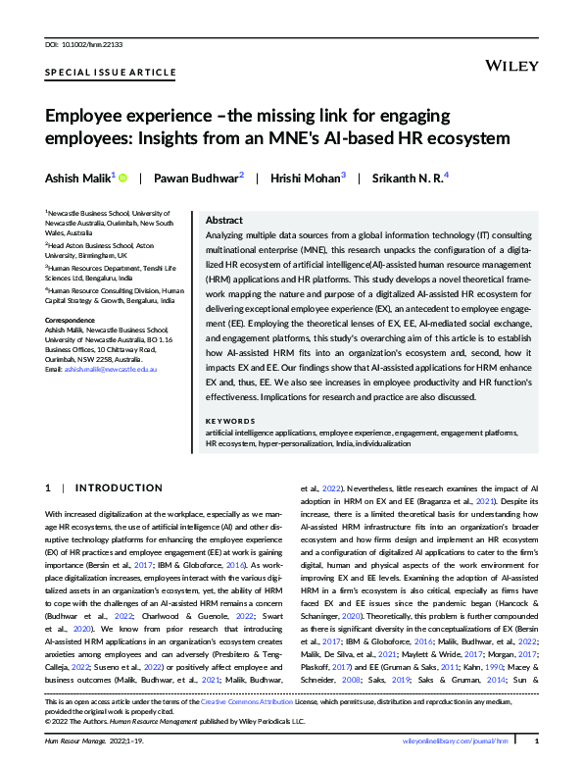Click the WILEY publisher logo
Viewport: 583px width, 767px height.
[511, 65]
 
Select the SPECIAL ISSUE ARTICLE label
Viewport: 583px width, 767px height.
[111, 73]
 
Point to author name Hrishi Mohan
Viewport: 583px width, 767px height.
[306, 178]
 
